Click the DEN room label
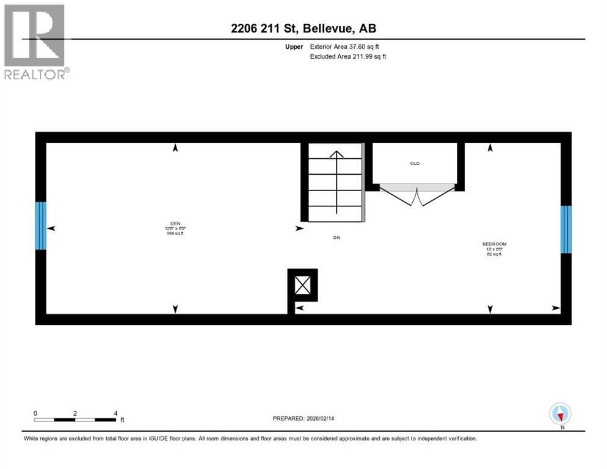[x=176, y=224]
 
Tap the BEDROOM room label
[x=495, y=244]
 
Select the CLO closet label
[x=415, y=164]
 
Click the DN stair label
[x=336, y=238]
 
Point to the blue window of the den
[x=41, y=226]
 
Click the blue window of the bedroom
[x=566, y=230]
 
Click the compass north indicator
[x=560, y=414]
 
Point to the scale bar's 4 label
[x=115, y=413]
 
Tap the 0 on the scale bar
[x=35, y=413]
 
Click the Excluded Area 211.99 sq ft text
[x=348, y=57]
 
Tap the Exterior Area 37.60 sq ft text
[x=348, y=46]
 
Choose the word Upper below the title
[x=295, y=46]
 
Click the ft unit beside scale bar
[x=122, y=420]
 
